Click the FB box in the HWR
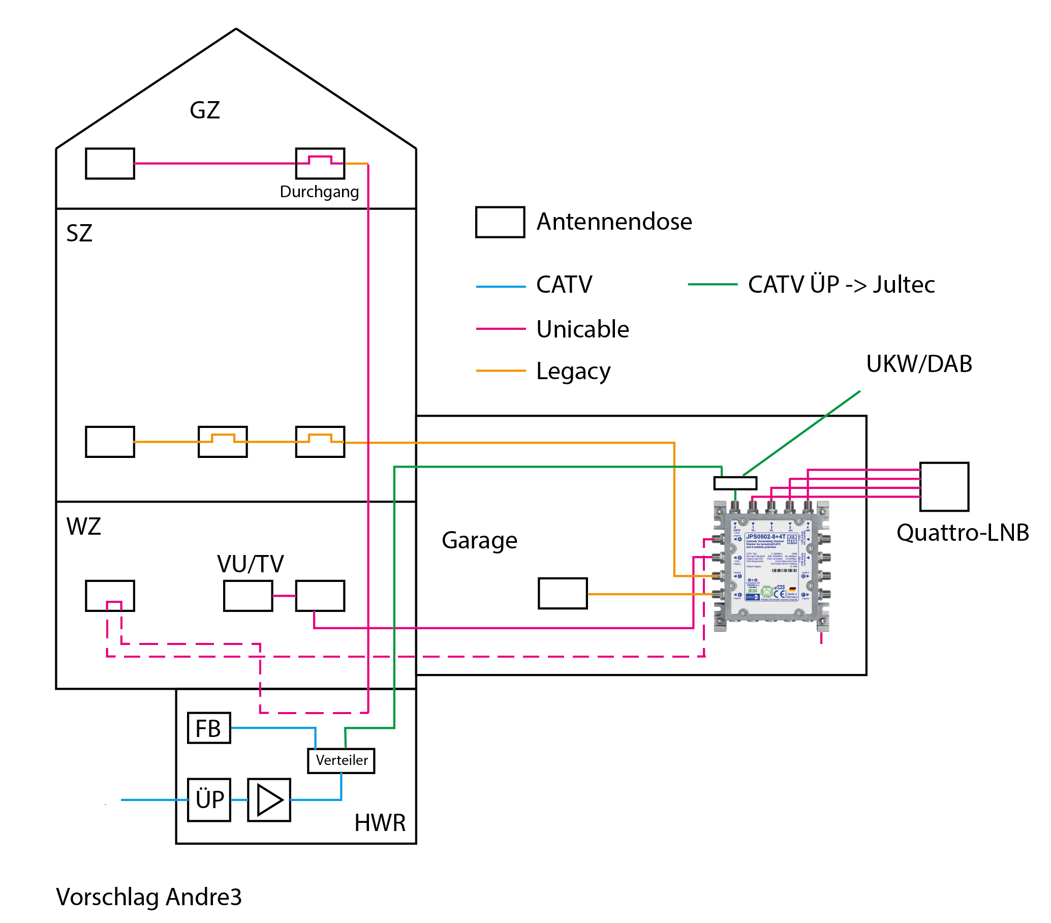pos(209,728)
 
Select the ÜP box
pos(209,800)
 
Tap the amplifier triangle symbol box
pos(269,800)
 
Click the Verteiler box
pos(342,760)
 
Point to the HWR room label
pos(380,823)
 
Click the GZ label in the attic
pos(205,111)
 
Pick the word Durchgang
pos(319,192)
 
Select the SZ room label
pos(79,233)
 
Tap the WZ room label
pos(83,527)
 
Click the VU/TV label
pos(251,564)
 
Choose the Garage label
pos(479,540)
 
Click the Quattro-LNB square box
pos(944,487)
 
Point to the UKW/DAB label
pos(919,364)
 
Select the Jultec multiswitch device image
pos(771,566)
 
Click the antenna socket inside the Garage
pos(563,594)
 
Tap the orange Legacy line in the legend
pos(501,371)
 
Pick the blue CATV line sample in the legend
pos(501,287)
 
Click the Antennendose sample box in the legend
pos(500,222)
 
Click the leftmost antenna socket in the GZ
pos(110,164)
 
